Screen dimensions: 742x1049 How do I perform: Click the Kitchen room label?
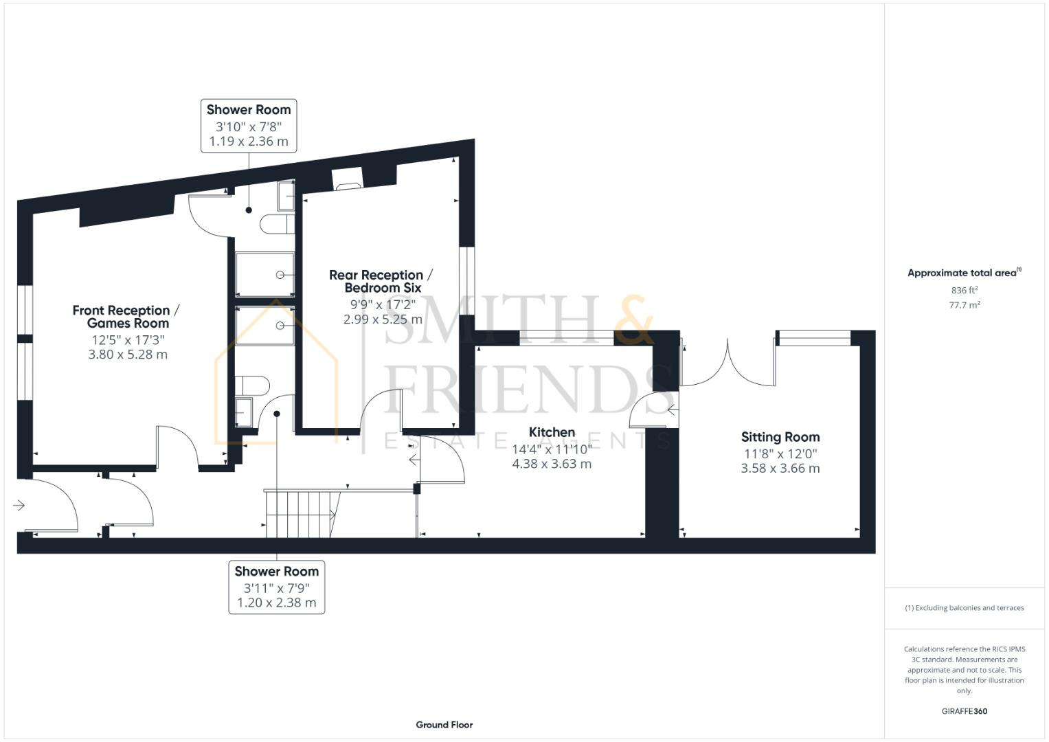pyautogui.click(x=552, y=432)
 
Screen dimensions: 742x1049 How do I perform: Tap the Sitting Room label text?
pyautogui.click(x=780, y=437)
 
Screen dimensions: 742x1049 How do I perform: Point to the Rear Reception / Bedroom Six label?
pyautogui.click(x=381, y=281)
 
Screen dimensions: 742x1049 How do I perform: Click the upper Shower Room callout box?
pyautogui.click(x=249, y=125)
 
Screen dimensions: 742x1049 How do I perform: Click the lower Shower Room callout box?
pyautogui.click(x=276, y=587)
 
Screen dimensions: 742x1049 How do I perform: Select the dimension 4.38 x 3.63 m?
pyautogui.click(x=552, y=464)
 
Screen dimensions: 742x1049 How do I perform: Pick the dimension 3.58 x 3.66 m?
pyautogui.click(x=780, y=469)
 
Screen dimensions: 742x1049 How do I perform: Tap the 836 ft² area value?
pyautogui.click(x=964, y=291)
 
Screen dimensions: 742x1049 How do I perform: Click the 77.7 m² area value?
pyautogui.click(x=964, y=306)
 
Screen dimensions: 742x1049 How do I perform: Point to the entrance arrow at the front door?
pyautogui.click(x=19, y=506)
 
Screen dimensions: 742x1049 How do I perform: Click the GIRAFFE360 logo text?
pyautogui.click(x=964, y=711)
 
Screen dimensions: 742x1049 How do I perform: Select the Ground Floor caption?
pyautogui.click(x=444, y=725)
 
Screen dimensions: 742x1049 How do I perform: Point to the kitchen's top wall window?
pyautogui.click(x=566, y=337)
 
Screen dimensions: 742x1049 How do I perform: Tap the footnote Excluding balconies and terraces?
pyautogui.click(x=964, y=608)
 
